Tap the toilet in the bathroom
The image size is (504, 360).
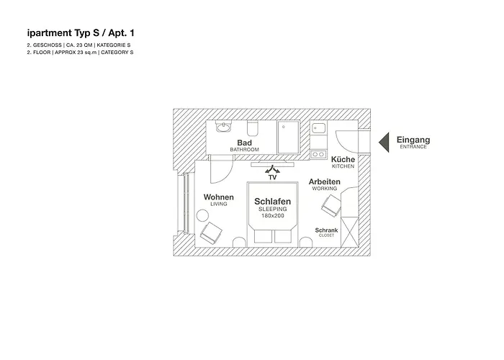(253, 129)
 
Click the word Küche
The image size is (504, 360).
(343, 159)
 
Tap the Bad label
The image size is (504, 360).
(244, 143)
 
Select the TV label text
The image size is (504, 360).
(272, 176)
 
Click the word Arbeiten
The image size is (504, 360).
(324, 181)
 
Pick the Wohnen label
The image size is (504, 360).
(219, 197)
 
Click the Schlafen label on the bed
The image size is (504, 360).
(272, 202)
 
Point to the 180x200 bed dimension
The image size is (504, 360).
(272, 215)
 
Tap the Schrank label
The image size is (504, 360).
(327, 230)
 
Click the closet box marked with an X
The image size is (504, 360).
(350, 230)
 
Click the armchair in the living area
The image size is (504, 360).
(212, 233)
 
